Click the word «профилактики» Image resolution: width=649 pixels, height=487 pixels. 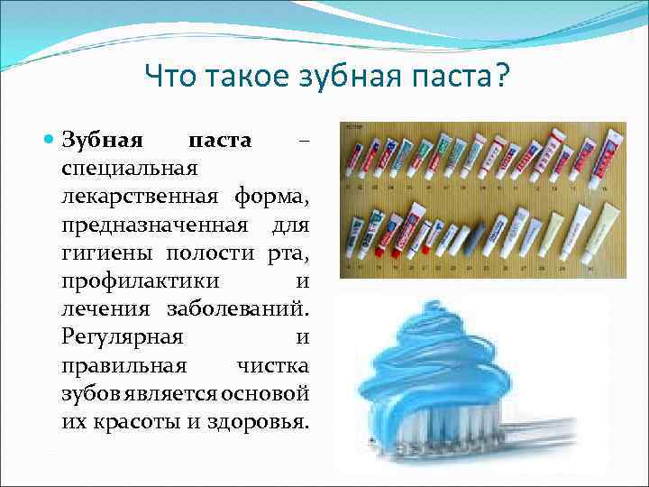pyautogui.click(x=132, y=283)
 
